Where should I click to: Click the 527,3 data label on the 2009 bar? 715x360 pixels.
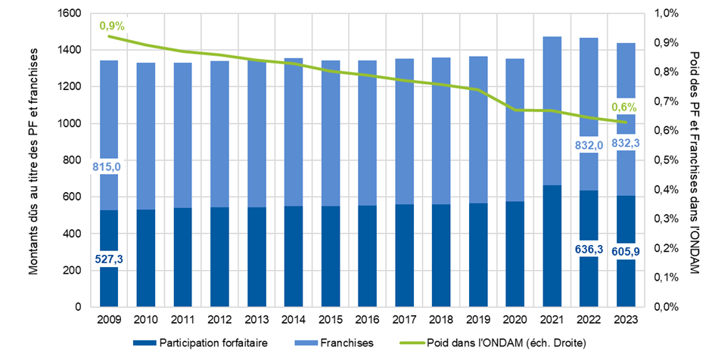[109, 259]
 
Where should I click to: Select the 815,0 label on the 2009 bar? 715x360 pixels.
[109, 167]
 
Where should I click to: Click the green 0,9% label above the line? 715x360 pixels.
[112, 26]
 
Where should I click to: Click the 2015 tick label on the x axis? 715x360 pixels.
[330, 319]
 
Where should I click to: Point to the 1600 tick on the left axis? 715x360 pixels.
[69, 14]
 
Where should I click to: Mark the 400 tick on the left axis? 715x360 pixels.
[72, 234]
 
